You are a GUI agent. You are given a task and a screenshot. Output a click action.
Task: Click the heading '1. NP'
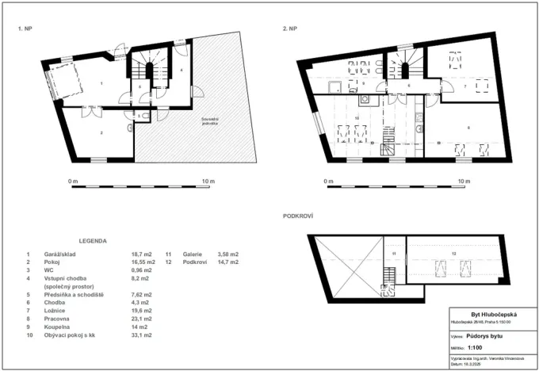pos(25,29)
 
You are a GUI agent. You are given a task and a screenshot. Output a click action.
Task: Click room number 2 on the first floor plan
pos(101,132)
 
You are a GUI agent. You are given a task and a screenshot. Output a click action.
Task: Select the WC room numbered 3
pos(140,117)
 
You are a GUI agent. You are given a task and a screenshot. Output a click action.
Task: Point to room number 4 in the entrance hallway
pos(182,71)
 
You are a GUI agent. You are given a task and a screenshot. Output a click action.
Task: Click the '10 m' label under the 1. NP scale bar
pos(208,182)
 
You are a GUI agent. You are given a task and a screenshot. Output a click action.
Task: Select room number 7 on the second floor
pos(464,86)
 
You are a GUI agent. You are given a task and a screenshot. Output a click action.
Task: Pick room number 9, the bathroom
pos(362,81)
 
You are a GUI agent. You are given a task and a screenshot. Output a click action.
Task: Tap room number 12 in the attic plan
pos(453,253)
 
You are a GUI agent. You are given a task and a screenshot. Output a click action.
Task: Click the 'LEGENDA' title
pos(93,239)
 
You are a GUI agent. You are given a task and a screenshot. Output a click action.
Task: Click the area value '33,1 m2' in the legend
pos(142,335)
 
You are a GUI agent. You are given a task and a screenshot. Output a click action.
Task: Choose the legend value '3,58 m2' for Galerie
pos(227,254)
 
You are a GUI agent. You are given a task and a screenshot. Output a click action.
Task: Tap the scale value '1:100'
pos(475,346)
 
